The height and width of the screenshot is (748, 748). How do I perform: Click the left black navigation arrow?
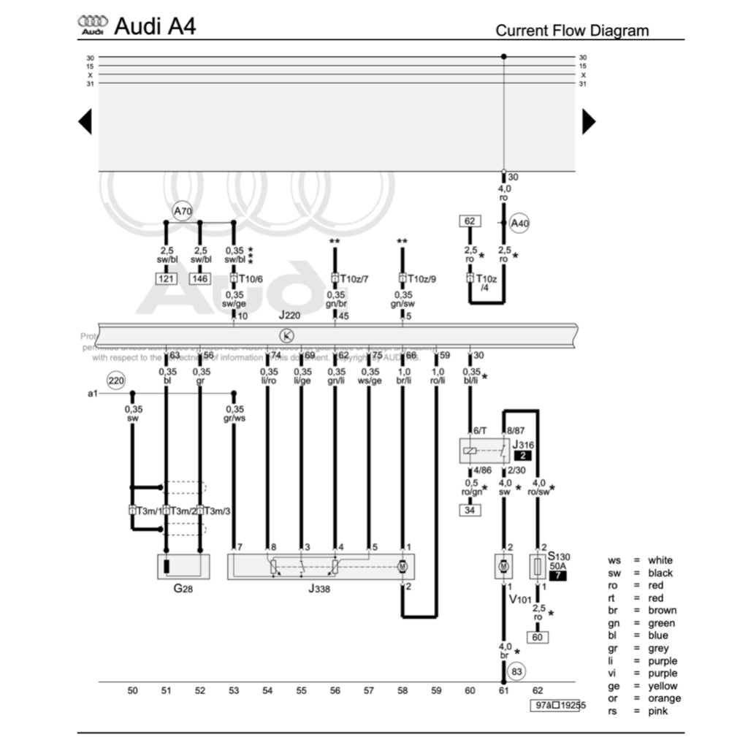click(x=85, y=121)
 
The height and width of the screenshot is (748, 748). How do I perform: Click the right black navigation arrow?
click(x=588, y=121)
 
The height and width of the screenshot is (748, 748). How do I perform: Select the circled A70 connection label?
click(x=183, y=213)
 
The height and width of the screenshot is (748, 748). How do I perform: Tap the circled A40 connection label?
click(x=519, y=224)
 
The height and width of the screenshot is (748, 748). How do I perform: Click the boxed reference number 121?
click(x=166, y=278)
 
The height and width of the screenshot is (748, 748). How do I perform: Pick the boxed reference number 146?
click(x=199, y=278)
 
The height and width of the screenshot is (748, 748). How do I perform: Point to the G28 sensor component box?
click(x=183, y=567)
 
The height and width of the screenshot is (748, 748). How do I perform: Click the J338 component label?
click(x=318, y=589)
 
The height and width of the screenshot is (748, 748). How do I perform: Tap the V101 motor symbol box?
click(x=503, y=567)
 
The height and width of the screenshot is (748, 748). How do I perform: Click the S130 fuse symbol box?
click(x=538, y=567)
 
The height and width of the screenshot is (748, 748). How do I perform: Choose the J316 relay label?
click(x=523, y=444)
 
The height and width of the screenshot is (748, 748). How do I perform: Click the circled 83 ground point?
click(x=517, y=671)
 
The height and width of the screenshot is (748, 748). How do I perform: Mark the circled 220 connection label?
click(x=116, y=381)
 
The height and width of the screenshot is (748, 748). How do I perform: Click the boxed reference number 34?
click(x=470, y=510)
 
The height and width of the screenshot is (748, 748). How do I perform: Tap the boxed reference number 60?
click(x=538, y=637)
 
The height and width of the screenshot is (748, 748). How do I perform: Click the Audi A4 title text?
click(x=155, y=27)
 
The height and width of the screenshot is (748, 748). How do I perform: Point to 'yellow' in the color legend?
click(x=663, y=686)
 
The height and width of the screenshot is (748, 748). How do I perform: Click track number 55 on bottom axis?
click(x=301, y=690)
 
